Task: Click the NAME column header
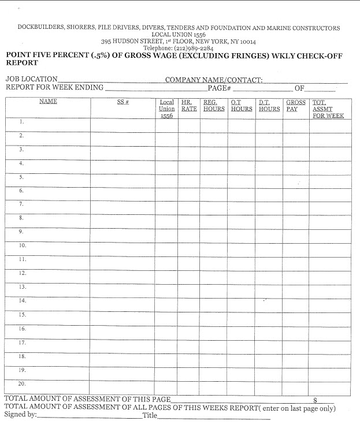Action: pos(48,102)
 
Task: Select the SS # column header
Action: pos(123,102)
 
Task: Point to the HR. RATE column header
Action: pos(189,105)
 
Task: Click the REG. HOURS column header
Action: pos(214,105)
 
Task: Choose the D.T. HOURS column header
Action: pos(269,105)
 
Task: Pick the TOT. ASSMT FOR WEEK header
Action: pos(328,109)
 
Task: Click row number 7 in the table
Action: pos(21,204)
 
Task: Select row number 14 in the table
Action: pos(22,301)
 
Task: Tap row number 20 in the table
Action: pos(22,383)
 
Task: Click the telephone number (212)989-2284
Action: pos(179,49)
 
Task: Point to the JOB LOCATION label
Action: pos(31,79)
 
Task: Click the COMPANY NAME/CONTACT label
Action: pos(214,80)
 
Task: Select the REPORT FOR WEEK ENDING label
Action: pos(54,88)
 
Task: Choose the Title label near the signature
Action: pos(150,415)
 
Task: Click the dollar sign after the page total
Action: pos(316,400)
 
